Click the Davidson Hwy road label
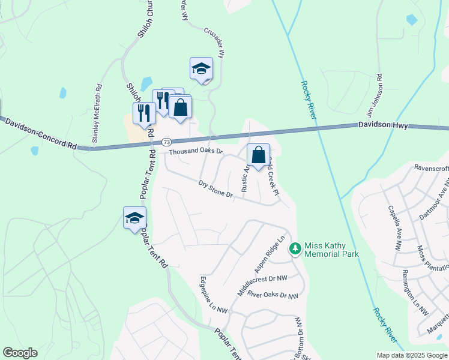pos(383,125)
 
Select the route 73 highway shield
pos(166,142)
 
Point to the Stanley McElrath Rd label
pos(97,113)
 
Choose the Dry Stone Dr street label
pos(215,190)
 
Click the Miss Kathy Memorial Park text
pos(331,250)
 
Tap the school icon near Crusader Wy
pos(202,69)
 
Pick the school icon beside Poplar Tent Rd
pos(134,218)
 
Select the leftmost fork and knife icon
pos(144,113)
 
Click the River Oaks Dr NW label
pos(273,295)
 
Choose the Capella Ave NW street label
pos(394,228)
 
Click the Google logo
pos(20,353)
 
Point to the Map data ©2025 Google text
pos(411,355)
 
